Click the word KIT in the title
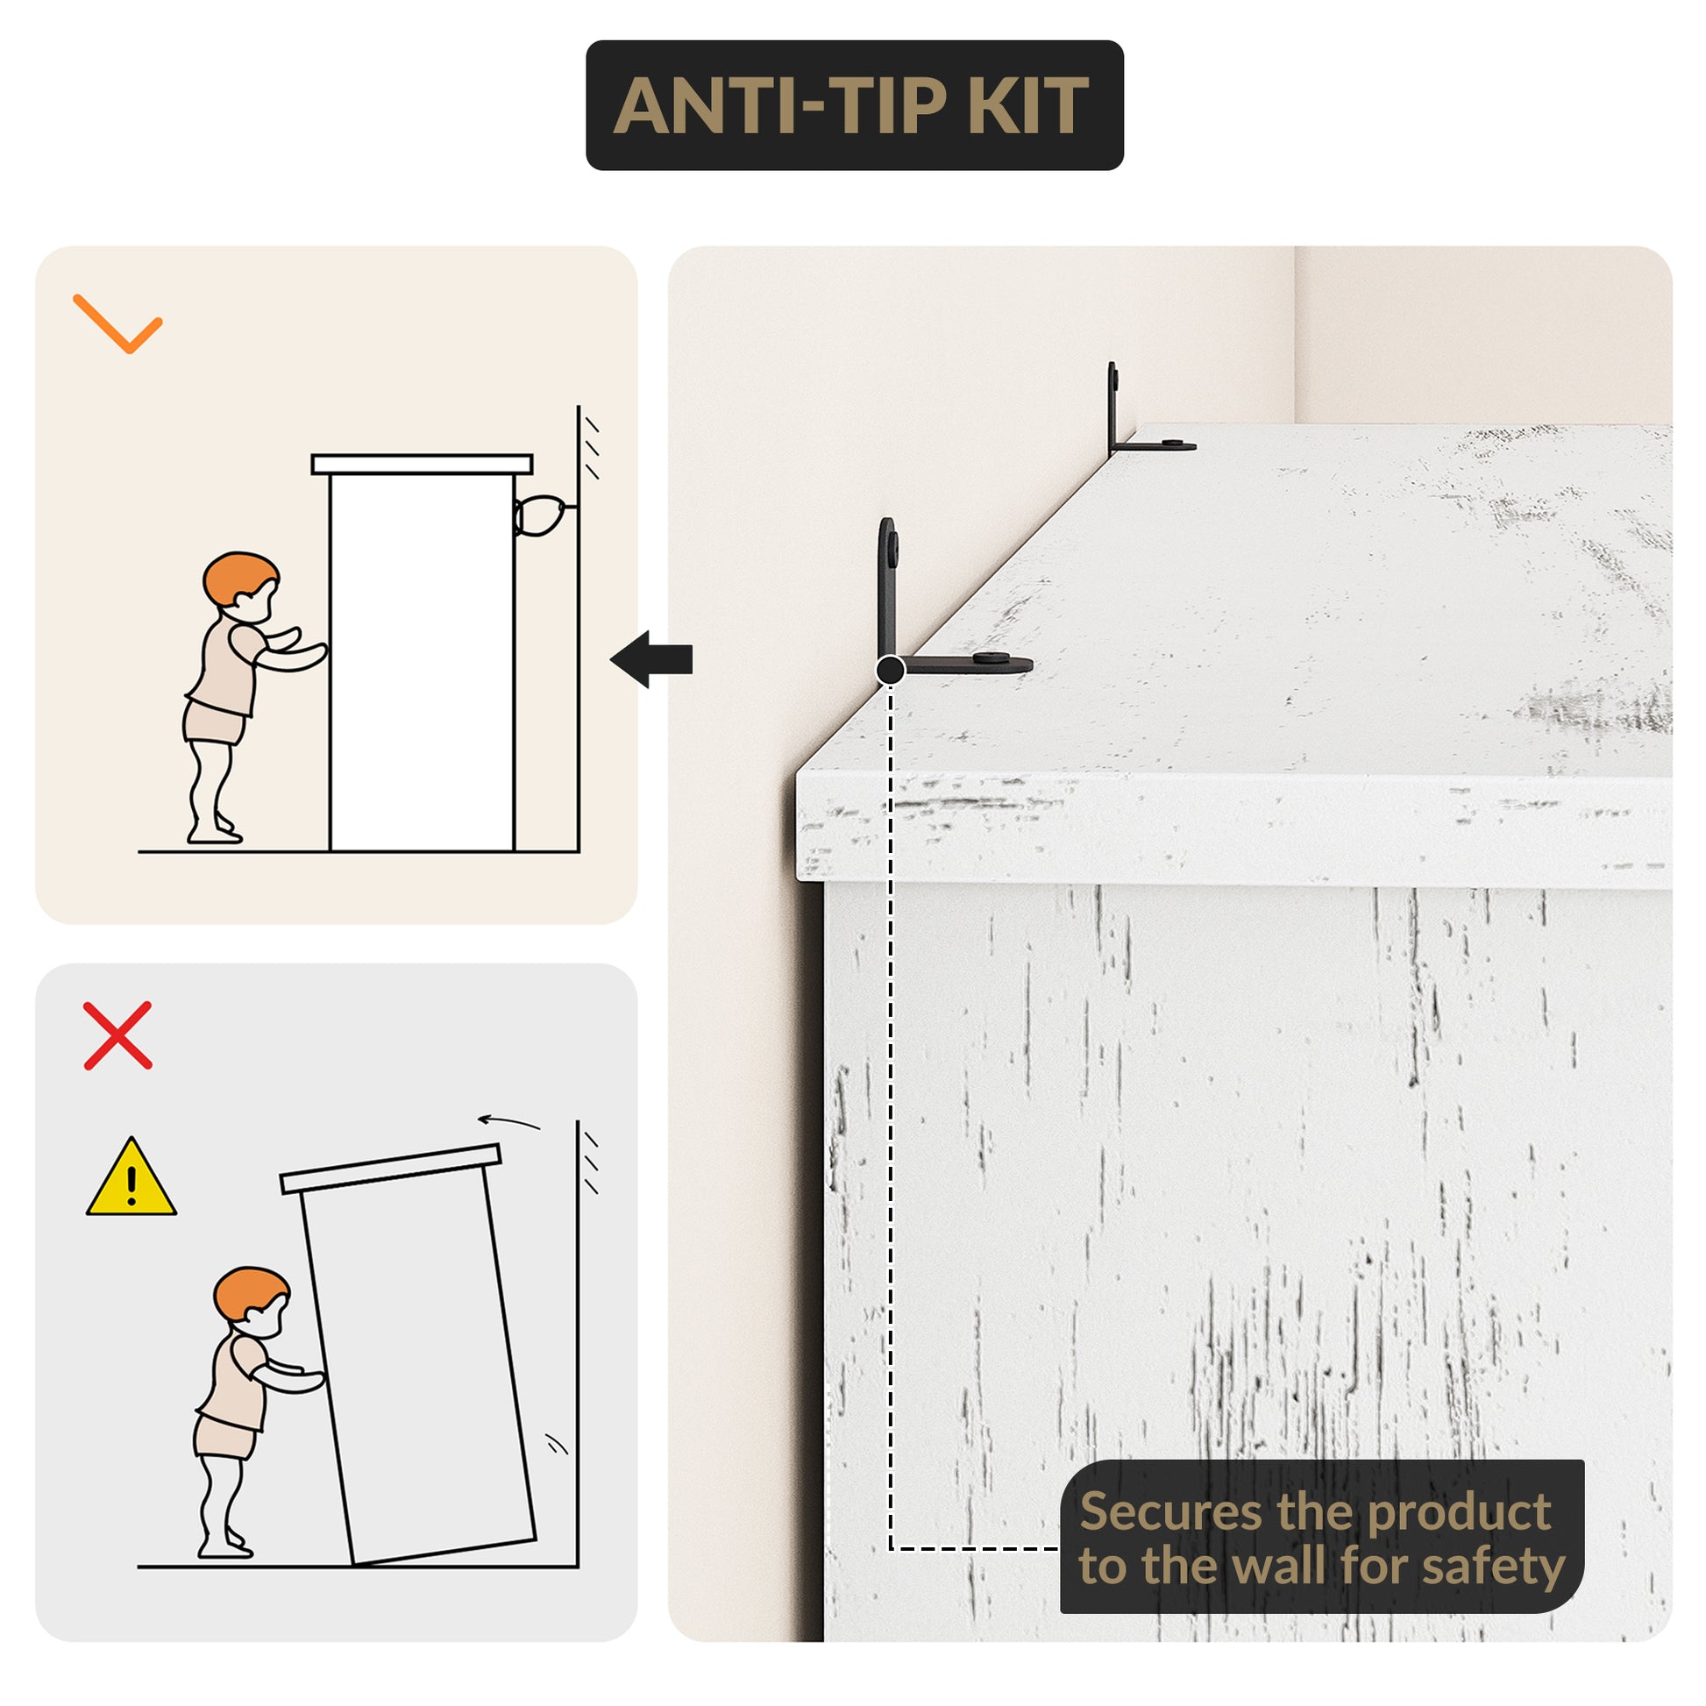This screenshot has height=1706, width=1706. (1027, 106)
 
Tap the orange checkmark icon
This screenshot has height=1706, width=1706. (117, 324)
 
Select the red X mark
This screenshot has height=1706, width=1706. (117, 1036)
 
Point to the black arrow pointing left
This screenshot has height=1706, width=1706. (650, 658)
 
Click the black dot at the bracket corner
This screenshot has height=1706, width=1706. (890, 670)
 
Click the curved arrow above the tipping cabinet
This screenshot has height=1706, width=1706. (508, 1121)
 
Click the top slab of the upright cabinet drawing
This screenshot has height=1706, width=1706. (422, 465)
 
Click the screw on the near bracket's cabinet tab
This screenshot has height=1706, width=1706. (993, 658)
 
